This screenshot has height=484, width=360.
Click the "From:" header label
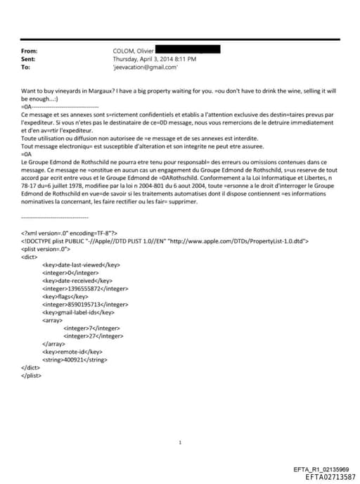(30, 51)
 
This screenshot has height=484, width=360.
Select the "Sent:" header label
(29, 60)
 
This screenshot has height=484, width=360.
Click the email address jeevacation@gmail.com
(145, 68)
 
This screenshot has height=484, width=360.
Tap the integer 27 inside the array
(84, 336)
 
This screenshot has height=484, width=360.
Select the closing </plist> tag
(32, 374)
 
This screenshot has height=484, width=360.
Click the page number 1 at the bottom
(181, 442)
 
